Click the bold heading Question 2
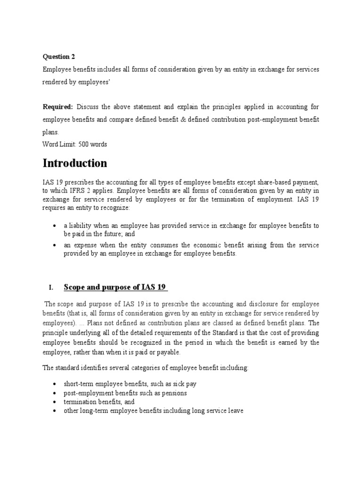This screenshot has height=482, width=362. click(x=59, y=57)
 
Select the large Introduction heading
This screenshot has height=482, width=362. click(x=75, y=163)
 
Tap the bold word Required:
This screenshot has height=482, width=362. click(x=58, y=107)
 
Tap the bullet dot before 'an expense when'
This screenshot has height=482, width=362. click(x=55, y=246)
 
